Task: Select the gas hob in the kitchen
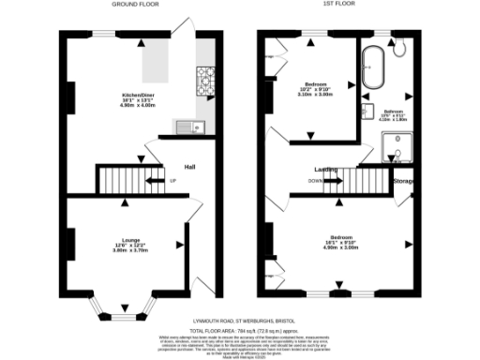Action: pyautogui.click(x=204, y=79)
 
